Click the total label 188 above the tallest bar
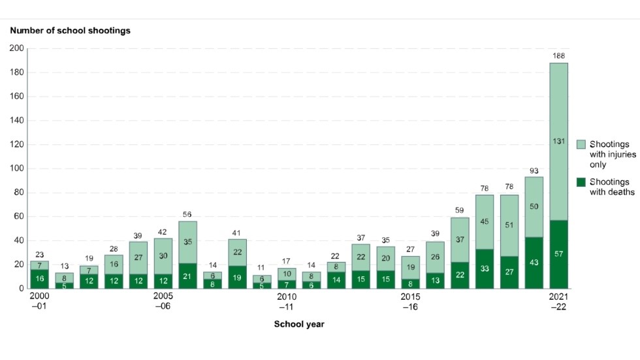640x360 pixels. [x=558, y=56]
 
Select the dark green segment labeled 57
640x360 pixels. [x=558, y=254]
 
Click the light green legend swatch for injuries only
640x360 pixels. [x=581, y=144]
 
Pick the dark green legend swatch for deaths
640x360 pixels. [x=581, y=181]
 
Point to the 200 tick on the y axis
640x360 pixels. [x=16, y=48]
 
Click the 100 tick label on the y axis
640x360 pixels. [x=16, y=169]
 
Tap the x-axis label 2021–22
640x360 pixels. [x=558, y=301]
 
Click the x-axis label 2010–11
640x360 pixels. [x=286, y=301]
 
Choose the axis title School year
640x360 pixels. [x=299, y=324]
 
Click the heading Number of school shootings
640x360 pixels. [x=69, y=30]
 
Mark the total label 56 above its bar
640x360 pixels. [x=187, y=214]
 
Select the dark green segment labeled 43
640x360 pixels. [x=534, y=263]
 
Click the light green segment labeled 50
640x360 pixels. [x=534, y=206]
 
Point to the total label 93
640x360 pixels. [x=534, y=171]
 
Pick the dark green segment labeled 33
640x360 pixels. [x=484, y=269]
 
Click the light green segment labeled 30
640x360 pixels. [x=163, y=255]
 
